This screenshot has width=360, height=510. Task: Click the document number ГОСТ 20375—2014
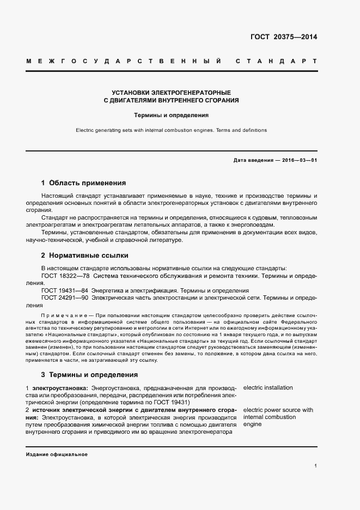(284, 38)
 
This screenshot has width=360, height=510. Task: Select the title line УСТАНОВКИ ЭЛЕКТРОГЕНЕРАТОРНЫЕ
(171, 93)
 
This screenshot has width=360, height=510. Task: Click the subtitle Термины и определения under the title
(172, 116)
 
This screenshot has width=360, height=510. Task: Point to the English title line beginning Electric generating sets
(171, 131)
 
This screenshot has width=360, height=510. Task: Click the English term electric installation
(268, 388)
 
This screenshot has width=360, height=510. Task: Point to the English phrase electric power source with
(278, 410)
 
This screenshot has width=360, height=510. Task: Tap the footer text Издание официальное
(56, 454)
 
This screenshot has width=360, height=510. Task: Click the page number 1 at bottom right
(315, 466)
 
